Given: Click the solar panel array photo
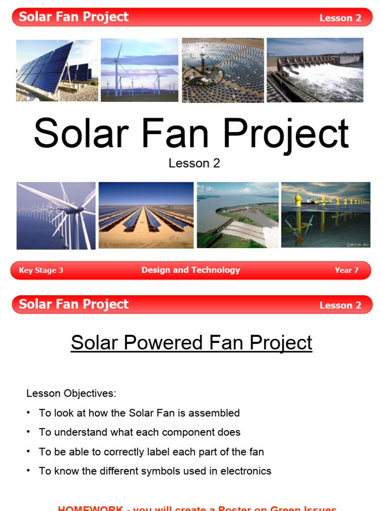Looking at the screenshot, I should coord(57,70).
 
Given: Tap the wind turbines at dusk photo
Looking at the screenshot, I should coord(139,70).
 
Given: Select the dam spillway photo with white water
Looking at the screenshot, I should coord(315,70).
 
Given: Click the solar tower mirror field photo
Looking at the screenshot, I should coord(222,70).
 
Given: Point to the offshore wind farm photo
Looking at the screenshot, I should coord(56,215).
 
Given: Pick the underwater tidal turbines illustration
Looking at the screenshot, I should coord(326,215).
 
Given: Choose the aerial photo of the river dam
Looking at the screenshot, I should coord(237,215).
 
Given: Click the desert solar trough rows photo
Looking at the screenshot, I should coord(146,215).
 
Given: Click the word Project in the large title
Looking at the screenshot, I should coord(285,134).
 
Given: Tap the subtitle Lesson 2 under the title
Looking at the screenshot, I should coord(194,163).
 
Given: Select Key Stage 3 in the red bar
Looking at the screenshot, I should coord(41,270).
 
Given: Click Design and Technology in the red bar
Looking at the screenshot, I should coord(191,270).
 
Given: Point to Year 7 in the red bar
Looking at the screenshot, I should coord(346,270).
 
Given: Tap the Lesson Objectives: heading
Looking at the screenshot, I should coord(71,393).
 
